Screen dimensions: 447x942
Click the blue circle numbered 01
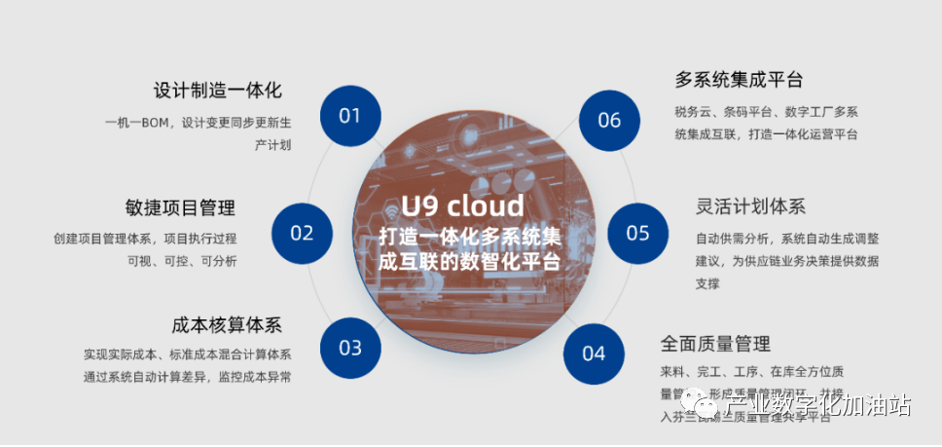point(350,116)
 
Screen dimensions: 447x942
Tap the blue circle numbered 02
point(303,233)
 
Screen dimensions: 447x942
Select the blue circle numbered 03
point(350,348)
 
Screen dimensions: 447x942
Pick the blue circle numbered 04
point(594,353)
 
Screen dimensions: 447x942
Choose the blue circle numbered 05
point(637,233)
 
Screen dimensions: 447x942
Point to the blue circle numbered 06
point(609,120)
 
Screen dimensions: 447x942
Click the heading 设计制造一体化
point(218,91)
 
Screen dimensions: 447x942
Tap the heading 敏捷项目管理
point(180,207)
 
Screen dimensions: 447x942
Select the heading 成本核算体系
point(226,324)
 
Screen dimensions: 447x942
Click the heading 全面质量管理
point(715,343)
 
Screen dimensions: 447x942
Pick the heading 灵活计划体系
point(750,206)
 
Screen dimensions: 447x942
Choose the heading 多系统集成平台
point(740,80)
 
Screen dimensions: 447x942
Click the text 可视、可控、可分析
point(182,261)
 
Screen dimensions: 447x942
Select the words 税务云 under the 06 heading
point(693,111)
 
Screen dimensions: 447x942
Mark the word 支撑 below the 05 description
point(707,284)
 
